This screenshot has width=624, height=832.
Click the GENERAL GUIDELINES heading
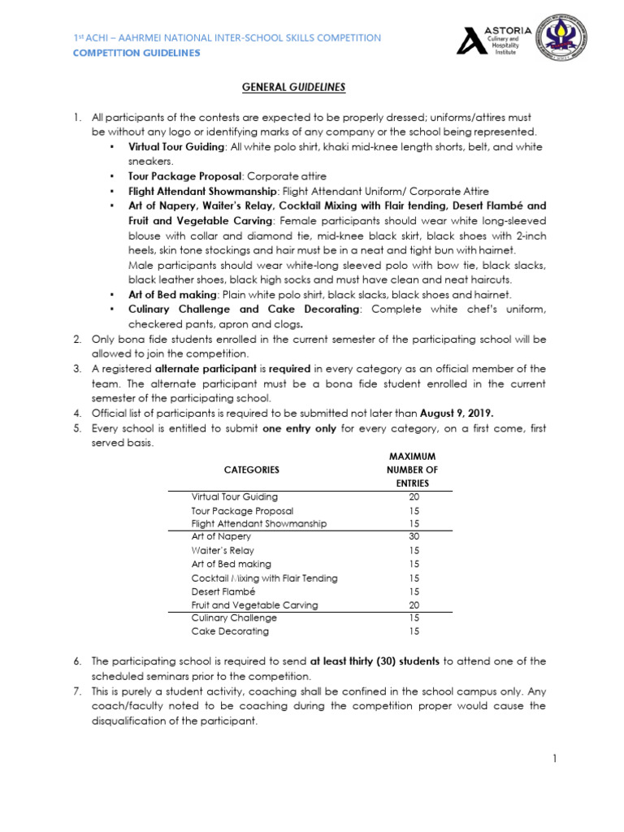tap(312, 87)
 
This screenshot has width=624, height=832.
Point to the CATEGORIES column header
tap(251, 470)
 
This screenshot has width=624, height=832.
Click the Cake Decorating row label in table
tap(230, 631)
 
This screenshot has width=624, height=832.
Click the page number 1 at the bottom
tap(553, 759)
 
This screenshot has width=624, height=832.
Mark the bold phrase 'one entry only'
tap(299, 428)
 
